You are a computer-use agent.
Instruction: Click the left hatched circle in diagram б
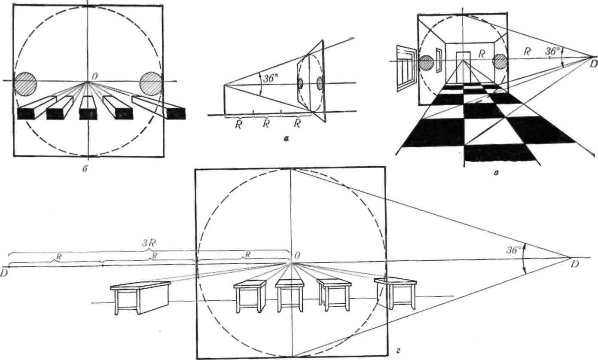27,84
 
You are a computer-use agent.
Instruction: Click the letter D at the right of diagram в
593,64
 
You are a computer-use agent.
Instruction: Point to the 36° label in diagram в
553,50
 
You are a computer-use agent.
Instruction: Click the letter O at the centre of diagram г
296,256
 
